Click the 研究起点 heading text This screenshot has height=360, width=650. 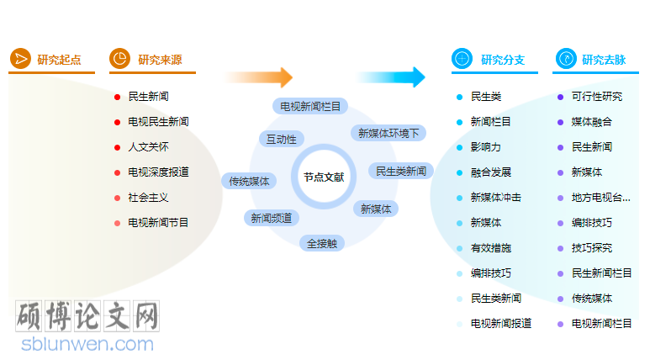[59, 59]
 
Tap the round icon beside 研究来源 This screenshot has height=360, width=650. [119, 59]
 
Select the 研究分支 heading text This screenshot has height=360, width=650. [503, 59]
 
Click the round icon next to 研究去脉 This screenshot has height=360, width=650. [566, 59]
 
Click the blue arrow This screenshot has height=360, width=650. [390, 77]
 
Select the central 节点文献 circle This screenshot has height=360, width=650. [324, 177]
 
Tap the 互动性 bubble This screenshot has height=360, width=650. [281, 139]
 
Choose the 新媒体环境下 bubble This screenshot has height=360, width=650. [388, 133]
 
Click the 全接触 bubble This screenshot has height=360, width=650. [322, 243]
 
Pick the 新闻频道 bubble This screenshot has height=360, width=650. [272, 218]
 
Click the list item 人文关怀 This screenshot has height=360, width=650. [148, 147]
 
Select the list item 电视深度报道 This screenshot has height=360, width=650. [158, 172]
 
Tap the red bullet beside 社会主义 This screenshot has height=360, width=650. [118, 198]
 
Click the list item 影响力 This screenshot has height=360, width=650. [486, 147]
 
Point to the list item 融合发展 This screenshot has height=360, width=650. [491, 172]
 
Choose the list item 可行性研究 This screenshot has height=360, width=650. [597, 97]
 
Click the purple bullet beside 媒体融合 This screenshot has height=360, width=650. [560, 122]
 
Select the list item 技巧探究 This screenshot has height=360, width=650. [592, 248]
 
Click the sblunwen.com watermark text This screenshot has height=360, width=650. [88, 344]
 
